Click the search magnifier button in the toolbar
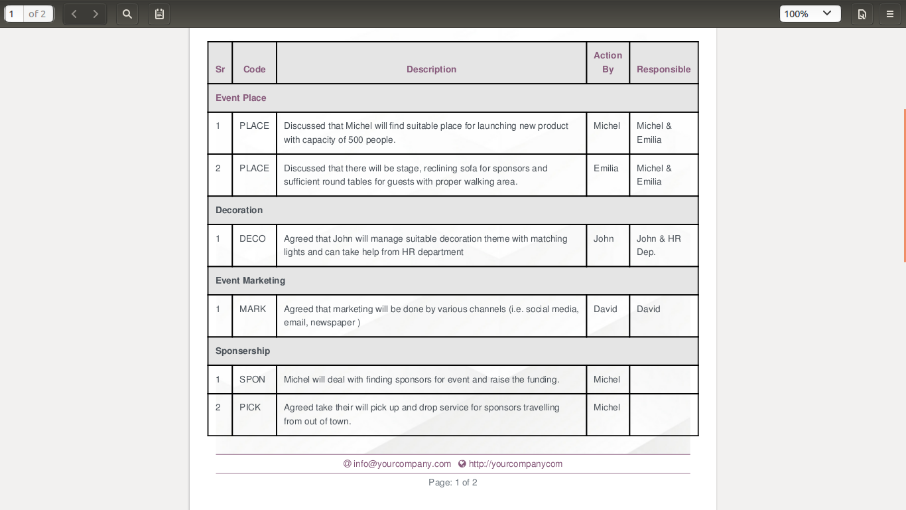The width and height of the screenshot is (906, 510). click(x=127, y=14)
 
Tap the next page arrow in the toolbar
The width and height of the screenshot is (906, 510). click(x=96, y=14)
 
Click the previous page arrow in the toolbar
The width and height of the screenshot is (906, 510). click(x=74, y=14)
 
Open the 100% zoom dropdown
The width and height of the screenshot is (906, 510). click(x=810, y=14)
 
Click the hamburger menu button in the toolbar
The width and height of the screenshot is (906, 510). click(x=890, y=14)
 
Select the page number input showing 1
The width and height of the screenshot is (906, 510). click(x=14, y=14)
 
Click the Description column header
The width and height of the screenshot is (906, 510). click(x=431, y=69)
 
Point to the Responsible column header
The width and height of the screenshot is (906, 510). click(x=663, y=69)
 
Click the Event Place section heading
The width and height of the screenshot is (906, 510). click(x=241, y=98)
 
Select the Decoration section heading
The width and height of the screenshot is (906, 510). click(x=239, y=210)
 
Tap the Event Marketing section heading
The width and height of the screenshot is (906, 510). click(x=250, y=280)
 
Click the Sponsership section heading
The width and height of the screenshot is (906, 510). click(x=243, y=351)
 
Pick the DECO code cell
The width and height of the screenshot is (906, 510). click(x=253, y=238)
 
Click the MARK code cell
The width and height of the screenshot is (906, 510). click(x=253, y=309)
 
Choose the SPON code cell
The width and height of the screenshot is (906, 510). click(x=253, y=379)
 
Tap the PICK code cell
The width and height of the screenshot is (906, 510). click(x=251, y=407)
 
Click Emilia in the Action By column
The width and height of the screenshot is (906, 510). click(x=606, y=168)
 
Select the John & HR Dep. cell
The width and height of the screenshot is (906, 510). click(x=659, y=245)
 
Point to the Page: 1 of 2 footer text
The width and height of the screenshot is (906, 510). click(x=453, y=482)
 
